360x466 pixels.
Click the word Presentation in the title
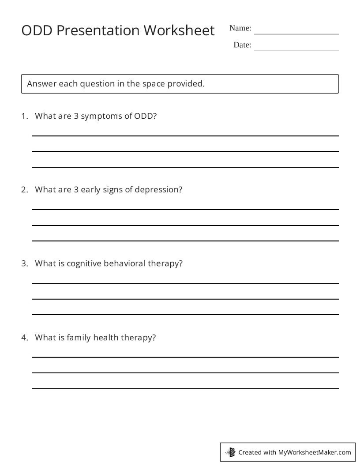97,30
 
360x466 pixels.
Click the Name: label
240,28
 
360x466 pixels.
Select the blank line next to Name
296,34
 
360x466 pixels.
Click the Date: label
242,45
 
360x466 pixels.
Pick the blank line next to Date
296,50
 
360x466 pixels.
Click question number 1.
25,116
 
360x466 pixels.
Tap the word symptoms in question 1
103,116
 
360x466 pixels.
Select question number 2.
25,190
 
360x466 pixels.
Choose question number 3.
25,263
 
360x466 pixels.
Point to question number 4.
25,338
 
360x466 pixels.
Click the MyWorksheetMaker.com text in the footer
315,452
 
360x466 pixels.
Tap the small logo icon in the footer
230,452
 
